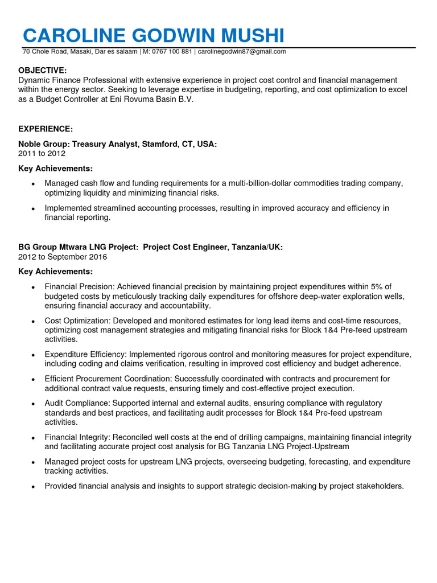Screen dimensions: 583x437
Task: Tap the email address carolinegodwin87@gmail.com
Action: coord(242,52)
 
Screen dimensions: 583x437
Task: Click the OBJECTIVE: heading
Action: coord(43,70)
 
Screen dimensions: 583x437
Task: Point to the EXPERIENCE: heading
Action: coord(46,129)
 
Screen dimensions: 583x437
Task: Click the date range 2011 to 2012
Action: coord(42,154)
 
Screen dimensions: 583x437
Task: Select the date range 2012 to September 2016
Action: coord(63,257)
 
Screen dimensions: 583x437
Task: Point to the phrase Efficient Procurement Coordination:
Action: coord(108,379)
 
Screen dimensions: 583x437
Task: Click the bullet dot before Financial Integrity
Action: coord(33,438)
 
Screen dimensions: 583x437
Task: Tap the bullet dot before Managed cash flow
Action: coord(33,184)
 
